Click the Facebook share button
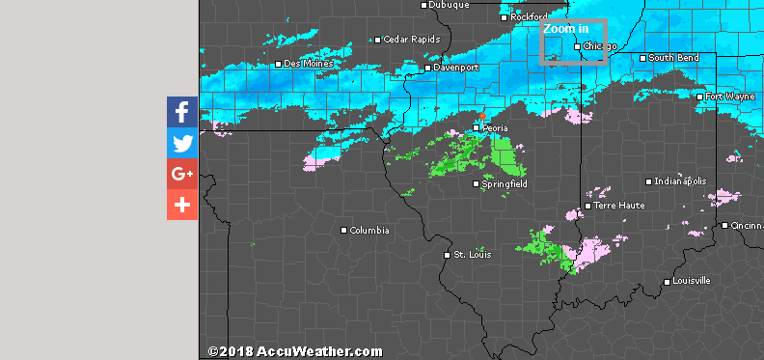(182, 112)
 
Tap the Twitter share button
(182, 143)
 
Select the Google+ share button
(182, 174)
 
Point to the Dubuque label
(449, 5)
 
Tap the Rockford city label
(529, 16)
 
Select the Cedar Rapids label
(412, 40)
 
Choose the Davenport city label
(456, 69)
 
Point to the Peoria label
(495, 127)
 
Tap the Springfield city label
(505, 183)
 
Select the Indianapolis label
(680, 181)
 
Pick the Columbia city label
(369, 231)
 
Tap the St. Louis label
(474, 255)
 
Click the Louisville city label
(692, 281)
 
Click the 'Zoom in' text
(565, 30)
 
